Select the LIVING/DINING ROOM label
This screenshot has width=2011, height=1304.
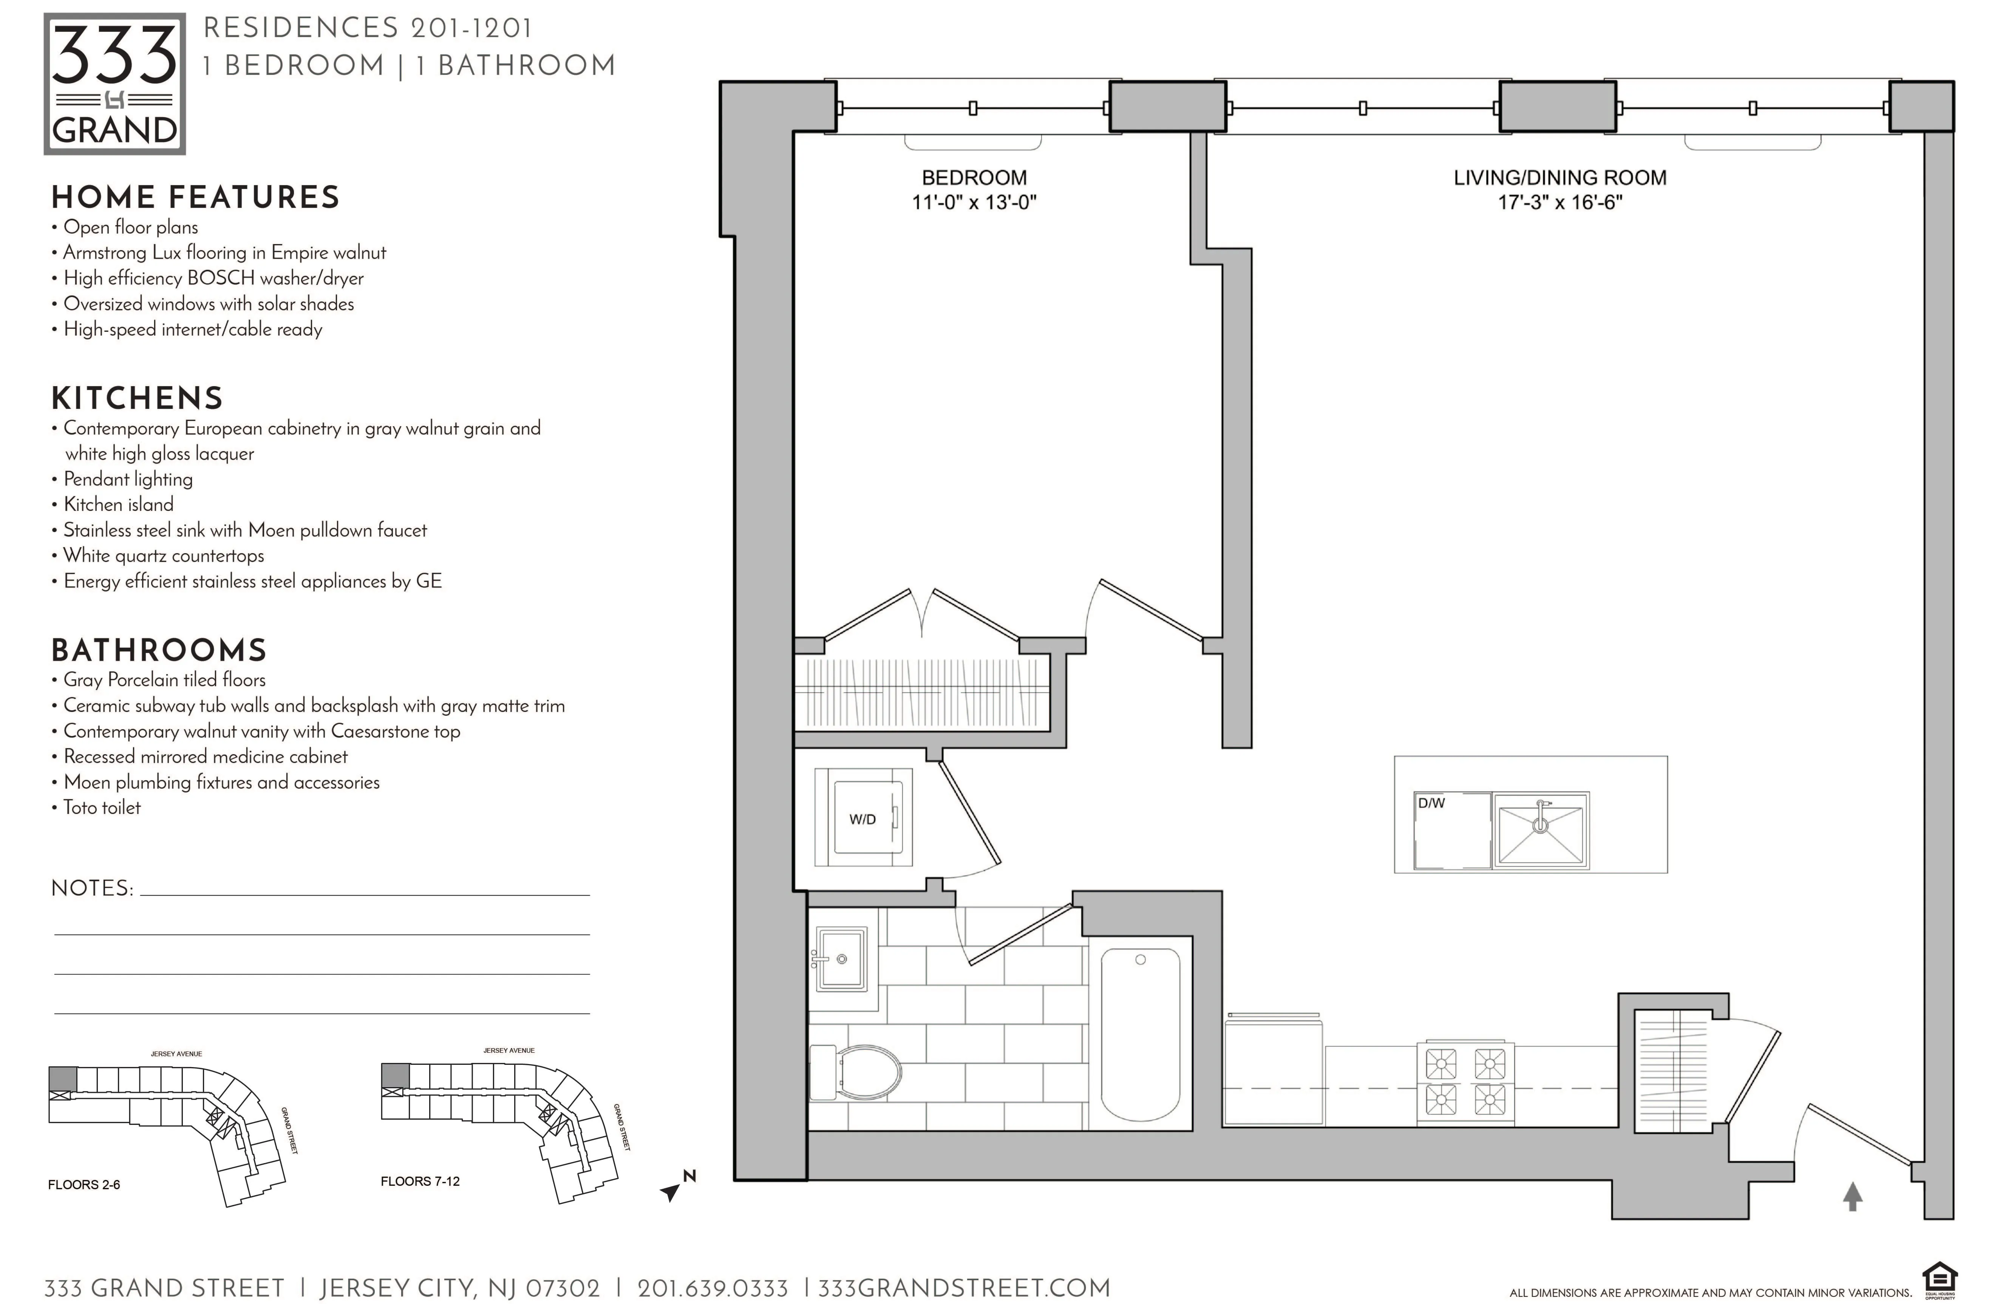pyautogui.click(x=1559, y=178)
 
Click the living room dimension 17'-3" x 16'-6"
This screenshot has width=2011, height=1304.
pyautogui.click(x=1559, y=203)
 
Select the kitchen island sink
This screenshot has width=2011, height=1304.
pyautogui.click(x=1540, y=830)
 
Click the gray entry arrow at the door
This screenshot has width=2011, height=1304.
pyautogui.click(x=1852, y=1196)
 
